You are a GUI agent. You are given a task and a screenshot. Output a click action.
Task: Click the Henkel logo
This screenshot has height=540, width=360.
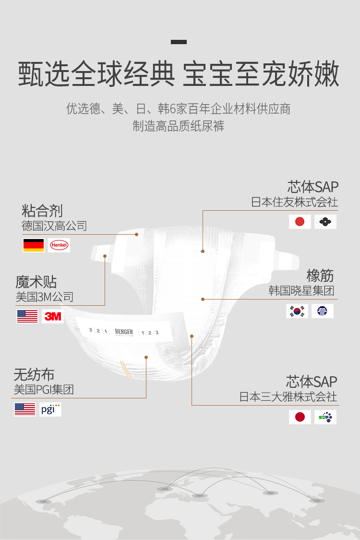coord(59,245)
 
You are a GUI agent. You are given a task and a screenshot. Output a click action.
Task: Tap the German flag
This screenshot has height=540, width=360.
coord(34,245)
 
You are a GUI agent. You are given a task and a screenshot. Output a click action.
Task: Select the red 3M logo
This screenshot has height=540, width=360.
coord(53,316)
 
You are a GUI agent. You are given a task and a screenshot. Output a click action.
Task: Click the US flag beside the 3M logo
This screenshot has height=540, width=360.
coord(27,316)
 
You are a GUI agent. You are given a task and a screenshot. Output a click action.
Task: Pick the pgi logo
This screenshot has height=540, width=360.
coord(50,409)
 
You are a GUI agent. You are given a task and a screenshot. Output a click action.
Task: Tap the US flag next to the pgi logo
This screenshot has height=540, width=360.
coord(25,409)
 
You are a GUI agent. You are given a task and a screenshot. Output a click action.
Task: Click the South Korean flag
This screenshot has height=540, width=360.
coord(297,311)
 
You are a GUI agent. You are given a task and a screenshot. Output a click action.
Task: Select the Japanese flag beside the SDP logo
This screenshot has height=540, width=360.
coord(300,417)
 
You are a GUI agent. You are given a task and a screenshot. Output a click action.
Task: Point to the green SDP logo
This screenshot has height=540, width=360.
coord(325,417)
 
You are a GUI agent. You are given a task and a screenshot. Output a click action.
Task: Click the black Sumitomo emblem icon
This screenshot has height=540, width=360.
coord(325,222)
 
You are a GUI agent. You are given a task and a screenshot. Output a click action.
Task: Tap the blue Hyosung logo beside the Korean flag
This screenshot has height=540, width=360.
coord(323,311)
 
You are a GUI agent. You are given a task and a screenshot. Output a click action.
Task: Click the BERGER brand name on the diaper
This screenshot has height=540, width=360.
coord(124,332)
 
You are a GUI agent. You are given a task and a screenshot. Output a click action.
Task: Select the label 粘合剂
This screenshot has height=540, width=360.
coord(42,210)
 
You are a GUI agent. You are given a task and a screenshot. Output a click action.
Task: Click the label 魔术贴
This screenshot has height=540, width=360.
coord(36,281)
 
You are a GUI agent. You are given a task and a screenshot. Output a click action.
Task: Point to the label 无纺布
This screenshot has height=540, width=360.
coord(34,374)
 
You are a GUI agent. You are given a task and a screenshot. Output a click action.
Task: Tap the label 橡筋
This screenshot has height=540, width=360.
coord(320,276)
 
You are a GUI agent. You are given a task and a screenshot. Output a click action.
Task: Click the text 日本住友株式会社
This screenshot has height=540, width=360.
coord(294,202)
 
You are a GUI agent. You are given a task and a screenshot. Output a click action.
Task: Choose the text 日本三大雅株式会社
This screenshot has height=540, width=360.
coord(288,397)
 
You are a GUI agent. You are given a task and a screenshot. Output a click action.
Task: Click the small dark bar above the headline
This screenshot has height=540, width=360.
coord(179,42)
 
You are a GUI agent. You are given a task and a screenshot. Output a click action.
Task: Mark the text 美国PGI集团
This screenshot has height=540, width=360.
coord(44,389)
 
